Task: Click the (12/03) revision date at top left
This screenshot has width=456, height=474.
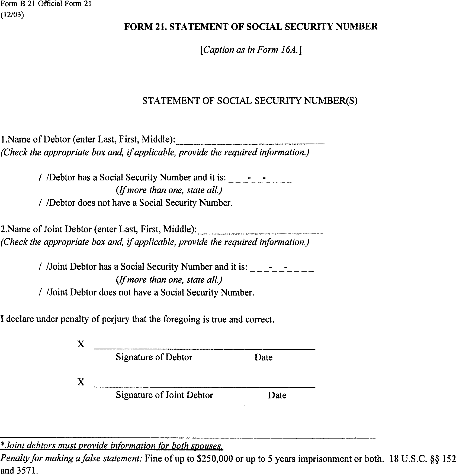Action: tap(12, 15)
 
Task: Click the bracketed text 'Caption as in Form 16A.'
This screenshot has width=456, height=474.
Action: tap(251, 50)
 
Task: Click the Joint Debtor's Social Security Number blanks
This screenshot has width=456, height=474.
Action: tap(281, 268)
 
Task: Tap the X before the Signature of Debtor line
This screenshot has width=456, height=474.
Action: tap(81, 344)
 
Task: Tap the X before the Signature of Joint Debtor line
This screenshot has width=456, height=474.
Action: tap(81, 382)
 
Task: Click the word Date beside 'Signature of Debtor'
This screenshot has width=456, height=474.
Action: tap(263, 358)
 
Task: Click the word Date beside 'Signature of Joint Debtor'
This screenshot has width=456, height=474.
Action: tap(277, 395)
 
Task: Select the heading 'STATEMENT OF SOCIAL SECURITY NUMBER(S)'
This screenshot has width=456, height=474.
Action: tap(250, 101)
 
